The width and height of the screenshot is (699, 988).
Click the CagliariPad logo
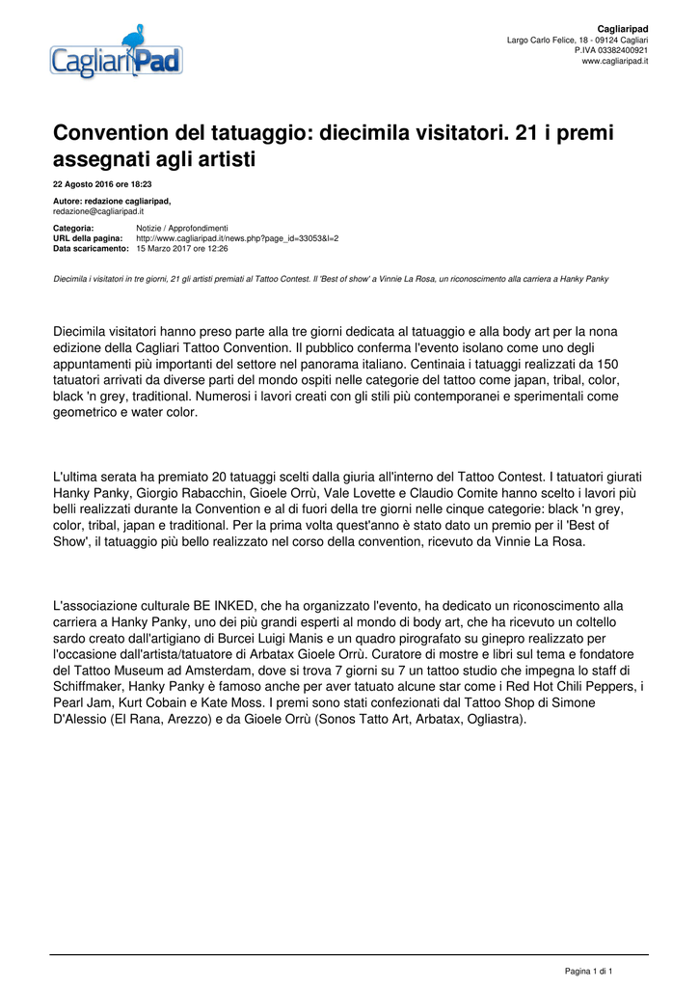tap(117, 54)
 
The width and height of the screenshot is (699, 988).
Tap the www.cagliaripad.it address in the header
tap(614, 61)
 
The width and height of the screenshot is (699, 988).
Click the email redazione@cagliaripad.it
tap(98, 210)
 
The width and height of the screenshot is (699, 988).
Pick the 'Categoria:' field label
tap(73, 228)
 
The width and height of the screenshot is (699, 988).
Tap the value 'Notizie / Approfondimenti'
tap(182, 228)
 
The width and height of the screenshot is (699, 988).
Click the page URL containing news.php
tap(237, 237)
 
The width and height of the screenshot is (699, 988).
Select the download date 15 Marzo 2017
tap(170, 248)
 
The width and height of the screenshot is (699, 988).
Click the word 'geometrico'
tap(87, 413)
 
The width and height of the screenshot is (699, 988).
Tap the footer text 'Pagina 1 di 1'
tap(588, 971)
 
